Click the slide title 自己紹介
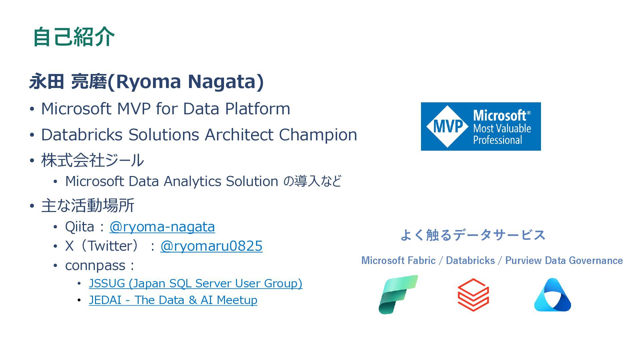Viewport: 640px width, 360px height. (74, 37)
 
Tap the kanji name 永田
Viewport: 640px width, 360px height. (46, 81)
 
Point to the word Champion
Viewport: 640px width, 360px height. (318, 135)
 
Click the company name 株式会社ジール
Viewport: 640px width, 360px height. (92, 160)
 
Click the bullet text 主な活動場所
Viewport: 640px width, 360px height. (88, 205)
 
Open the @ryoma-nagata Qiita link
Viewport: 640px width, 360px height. (162, 227)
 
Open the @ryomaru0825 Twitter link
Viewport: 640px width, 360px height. (211, 246)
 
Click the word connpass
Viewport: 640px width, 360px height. (95, 266)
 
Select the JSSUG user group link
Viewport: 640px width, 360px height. (195, 283)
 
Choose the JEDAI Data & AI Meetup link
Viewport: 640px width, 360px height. (173, 300)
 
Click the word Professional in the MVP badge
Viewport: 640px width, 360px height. (498, 140)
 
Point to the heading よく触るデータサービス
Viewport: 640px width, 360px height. (473, 235)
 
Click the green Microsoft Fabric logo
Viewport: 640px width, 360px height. (398, 294)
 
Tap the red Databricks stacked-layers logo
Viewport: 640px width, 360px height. (473, 295)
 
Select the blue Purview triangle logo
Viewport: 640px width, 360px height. (552, 295)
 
